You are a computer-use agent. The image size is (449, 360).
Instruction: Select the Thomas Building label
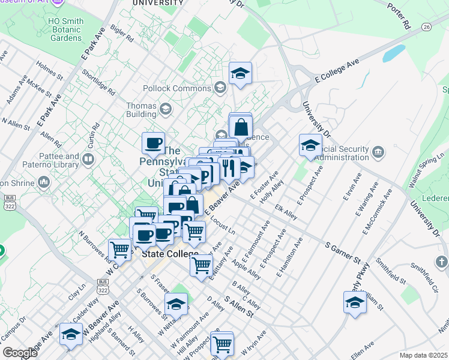click(x=141, y=110)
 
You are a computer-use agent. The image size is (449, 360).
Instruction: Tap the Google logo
click(x=20, y=353)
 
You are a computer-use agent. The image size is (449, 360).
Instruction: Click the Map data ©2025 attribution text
click(x=423, y=355)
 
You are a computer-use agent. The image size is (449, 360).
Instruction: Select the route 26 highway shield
click(x=426, y=27)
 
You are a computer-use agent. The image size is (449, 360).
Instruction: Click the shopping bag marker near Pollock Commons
click(x=241, y=127)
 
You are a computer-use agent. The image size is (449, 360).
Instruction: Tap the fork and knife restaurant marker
click(x=229, y=168)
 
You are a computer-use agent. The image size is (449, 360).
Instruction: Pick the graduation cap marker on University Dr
click(x=310, y=145)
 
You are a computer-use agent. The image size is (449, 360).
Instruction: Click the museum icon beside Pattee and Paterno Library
click(x=88, y=160)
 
